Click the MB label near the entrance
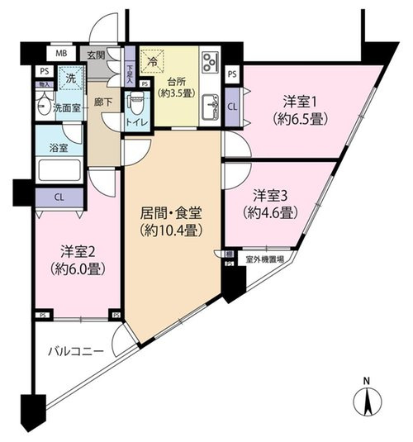[61, 55]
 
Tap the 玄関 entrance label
[97, 55]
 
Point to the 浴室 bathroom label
[48, 148]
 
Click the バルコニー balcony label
[74, 351]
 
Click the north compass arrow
[366, 402]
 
